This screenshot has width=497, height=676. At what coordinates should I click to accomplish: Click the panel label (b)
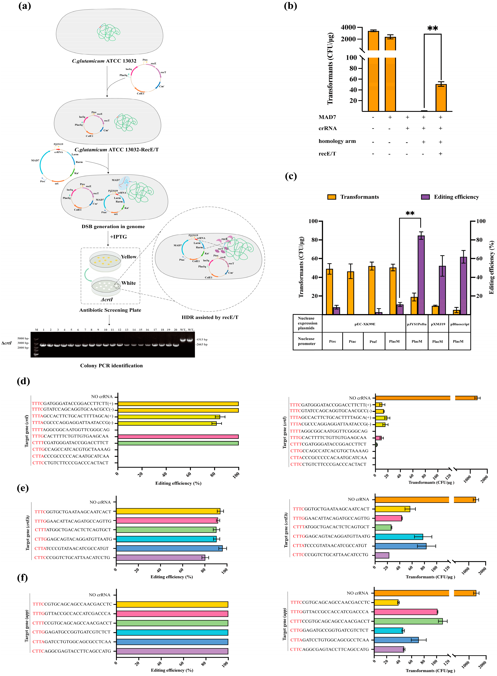[290, 6]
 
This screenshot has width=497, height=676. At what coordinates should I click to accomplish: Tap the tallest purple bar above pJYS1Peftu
[421, 274]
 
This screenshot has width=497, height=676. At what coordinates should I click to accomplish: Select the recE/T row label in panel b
[327, 154]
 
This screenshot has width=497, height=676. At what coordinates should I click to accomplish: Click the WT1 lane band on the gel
[183, 340]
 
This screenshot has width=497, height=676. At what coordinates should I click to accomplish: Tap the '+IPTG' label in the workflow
[118, 237]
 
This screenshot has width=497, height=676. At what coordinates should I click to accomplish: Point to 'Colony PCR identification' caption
[111, 366]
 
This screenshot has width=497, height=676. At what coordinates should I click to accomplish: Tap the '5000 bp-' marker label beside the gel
[23, 338]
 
